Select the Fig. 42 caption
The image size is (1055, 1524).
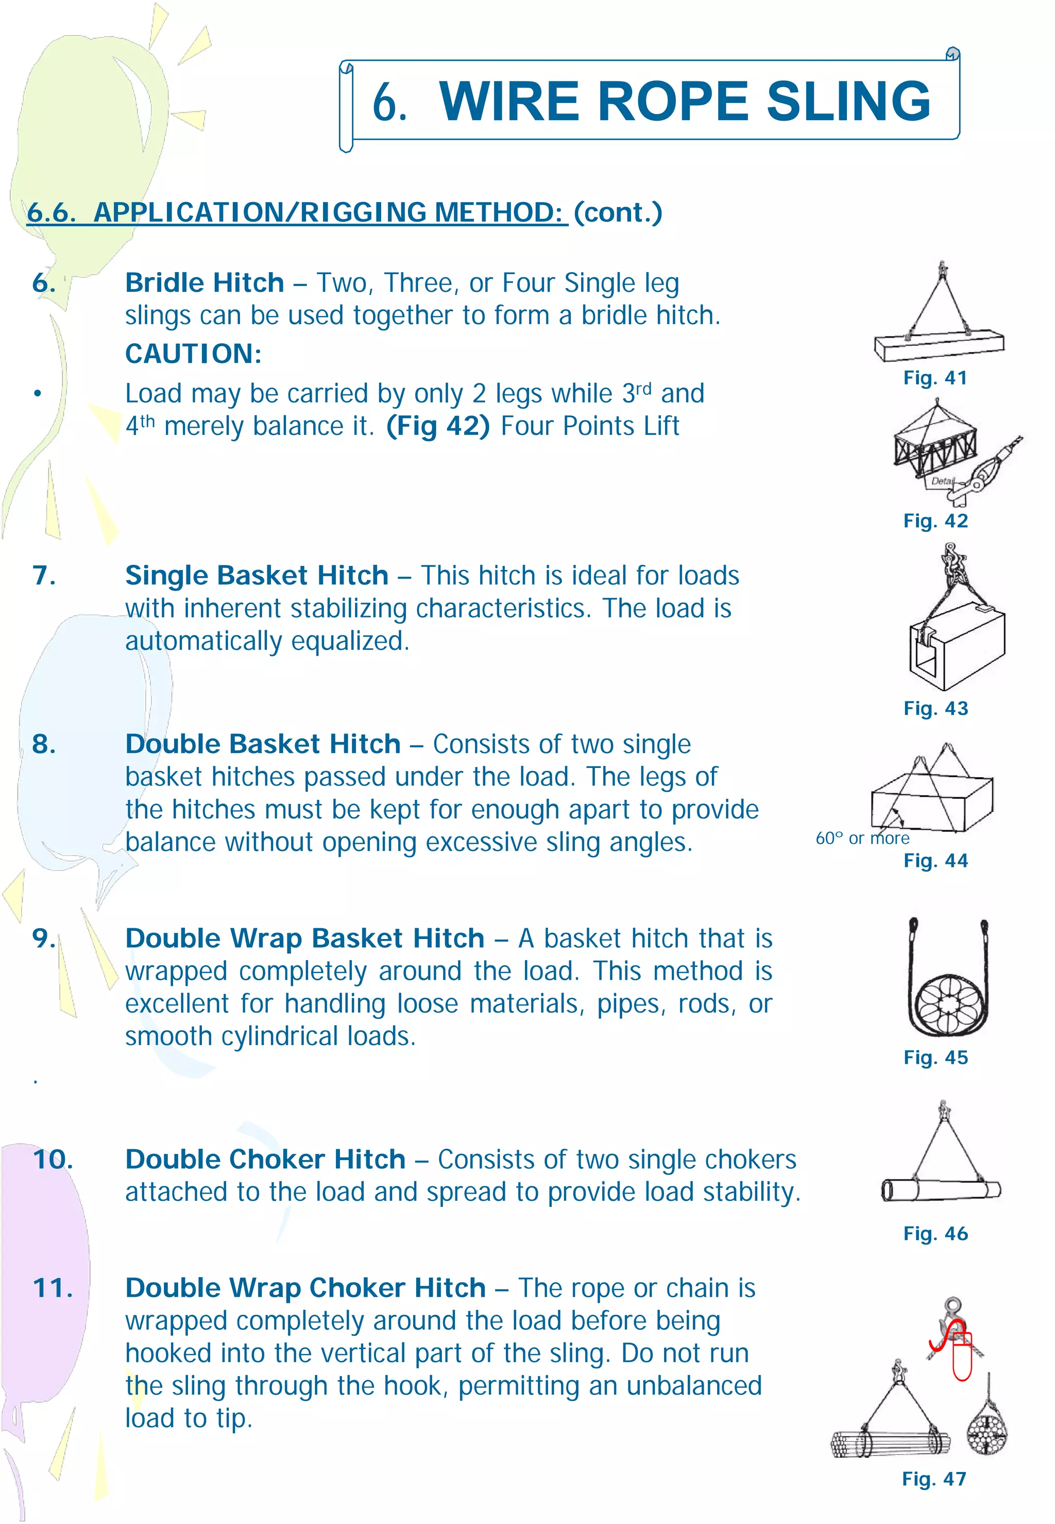click(x=935, y=521)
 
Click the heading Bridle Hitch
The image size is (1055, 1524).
click(x=205, y=283)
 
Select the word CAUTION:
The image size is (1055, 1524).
click(x=193, y=354)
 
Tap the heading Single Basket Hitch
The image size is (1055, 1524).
click(x=257, y=575)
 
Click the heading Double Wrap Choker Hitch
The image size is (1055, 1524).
click(x=305, y=1287)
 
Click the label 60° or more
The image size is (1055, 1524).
click(x=862, y=839)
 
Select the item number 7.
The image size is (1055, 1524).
click(x=44, y=575)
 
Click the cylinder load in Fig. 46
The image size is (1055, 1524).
click(x=941, y=1190)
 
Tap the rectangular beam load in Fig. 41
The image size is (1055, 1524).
click(x=939, y=346)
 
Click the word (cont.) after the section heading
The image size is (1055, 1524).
click(x=618, y=212)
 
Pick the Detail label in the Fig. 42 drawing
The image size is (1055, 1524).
click(x=941, y=481)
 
